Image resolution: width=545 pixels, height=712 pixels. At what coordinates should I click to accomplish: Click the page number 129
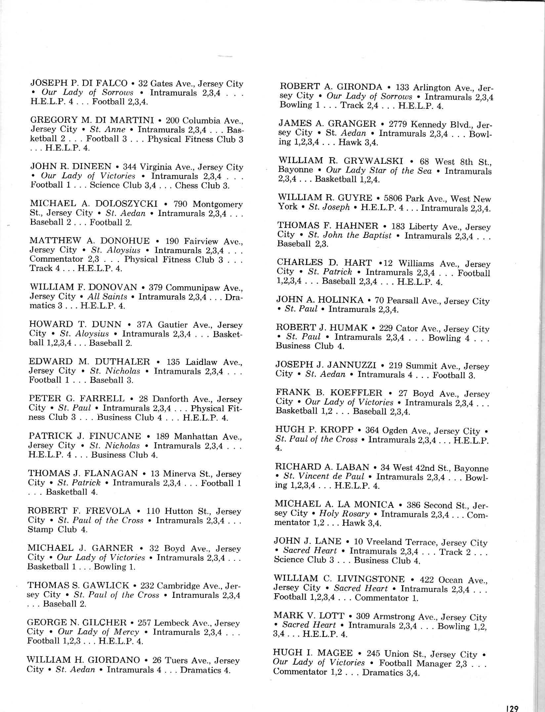(512, 706)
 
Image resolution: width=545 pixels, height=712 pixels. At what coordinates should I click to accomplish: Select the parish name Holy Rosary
(344, 514)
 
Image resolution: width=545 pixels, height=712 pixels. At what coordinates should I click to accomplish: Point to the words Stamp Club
(53, 529)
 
